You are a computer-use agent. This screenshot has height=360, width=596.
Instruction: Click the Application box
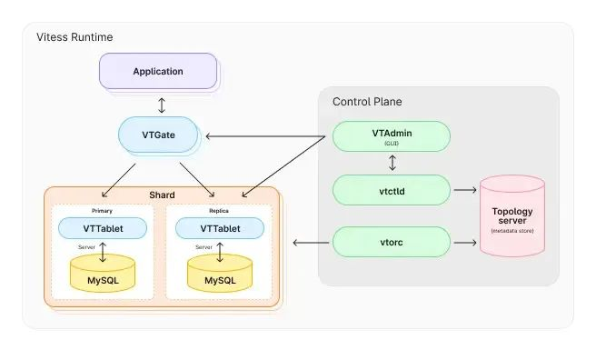pos(158,71)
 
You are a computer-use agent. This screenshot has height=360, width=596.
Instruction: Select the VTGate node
pos(159,135)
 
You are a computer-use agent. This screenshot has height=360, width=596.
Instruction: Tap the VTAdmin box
pos(392,136)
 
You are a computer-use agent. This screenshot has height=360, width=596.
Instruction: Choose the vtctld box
pos(392,190)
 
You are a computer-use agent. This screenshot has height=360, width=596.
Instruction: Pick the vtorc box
pos(392,243)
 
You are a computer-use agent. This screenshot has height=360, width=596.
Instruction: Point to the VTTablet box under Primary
pos(103,228)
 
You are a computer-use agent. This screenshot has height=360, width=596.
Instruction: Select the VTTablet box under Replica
pos(220,228)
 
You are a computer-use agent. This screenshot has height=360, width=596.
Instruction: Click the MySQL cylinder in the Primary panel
pos(103,274)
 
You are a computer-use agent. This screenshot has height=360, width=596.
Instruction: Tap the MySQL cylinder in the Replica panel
pos(220,274)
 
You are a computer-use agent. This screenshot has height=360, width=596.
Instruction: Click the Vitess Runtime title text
pos(74,37)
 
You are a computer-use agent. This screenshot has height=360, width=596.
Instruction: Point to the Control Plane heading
pos(367,102)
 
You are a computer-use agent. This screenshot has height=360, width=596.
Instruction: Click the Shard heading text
pos(162,195)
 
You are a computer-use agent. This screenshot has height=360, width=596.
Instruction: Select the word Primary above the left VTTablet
pos(102,211)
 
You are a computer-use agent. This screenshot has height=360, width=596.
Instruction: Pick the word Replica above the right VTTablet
pos(219,211)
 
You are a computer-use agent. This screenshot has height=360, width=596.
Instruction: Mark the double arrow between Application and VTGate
pos(162,104)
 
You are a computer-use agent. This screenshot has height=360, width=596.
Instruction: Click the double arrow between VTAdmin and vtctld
pos(392,164)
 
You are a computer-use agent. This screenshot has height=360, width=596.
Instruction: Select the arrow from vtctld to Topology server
pos(465,190)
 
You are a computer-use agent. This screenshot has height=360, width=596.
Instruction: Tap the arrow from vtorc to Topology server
pos(465,243)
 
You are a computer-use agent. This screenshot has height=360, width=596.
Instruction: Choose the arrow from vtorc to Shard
pos(311,243)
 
